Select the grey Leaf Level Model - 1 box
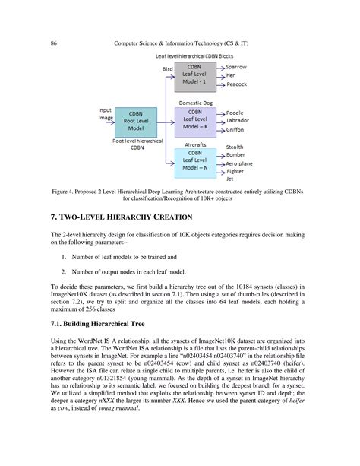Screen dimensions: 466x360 click(195, 78)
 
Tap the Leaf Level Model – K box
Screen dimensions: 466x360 click(195, 122)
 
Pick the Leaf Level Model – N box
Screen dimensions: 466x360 click(195, 163)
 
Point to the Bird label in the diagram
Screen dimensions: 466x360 click(168, 69)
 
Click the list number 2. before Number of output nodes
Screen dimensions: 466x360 click(65, 271)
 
